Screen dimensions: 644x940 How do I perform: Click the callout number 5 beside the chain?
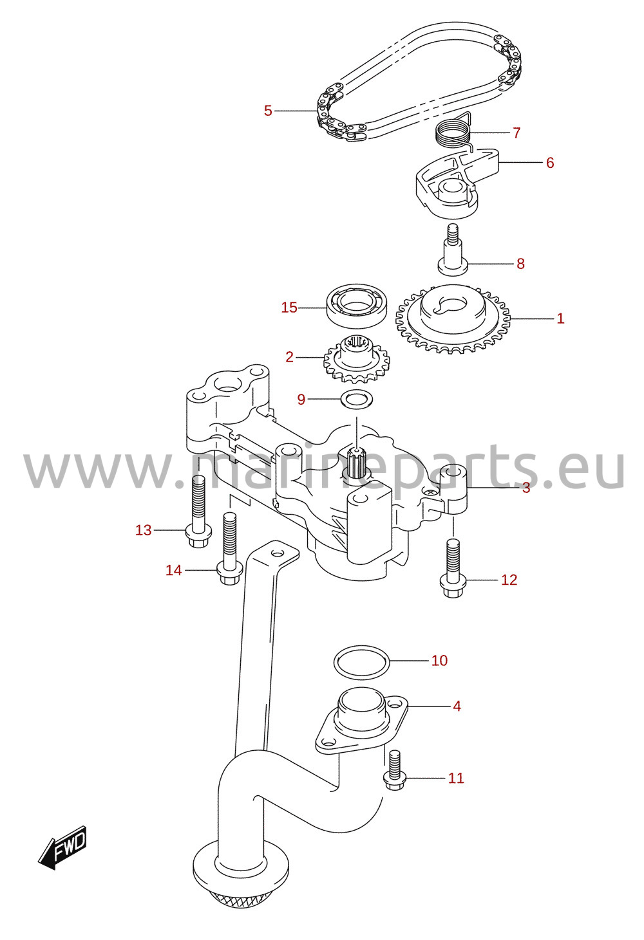[268, 111]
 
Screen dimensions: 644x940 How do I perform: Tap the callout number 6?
[550, 163]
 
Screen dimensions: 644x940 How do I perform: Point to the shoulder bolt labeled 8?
[453, 250]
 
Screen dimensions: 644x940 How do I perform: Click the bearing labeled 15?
[357, 306]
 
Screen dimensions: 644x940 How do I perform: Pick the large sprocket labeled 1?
[453, 320]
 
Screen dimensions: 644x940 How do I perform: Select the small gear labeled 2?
[356, 359]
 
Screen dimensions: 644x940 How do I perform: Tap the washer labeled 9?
[356, 399]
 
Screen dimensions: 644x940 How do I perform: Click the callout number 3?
[526, 488]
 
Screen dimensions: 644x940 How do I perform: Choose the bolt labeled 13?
[198, 511]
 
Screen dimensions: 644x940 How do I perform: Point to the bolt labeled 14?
[229, 548]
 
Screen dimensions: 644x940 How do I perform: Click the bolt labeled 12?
[453, 568]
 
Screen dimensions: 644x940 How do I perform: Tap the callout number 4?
[457, 706]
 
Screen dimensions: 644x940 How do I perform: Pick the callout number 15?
[289, 308]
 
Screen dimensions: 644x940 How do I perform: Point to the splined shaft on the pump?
[356, 461]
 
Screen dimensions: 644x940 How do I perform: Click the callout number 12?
[509, 580]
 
